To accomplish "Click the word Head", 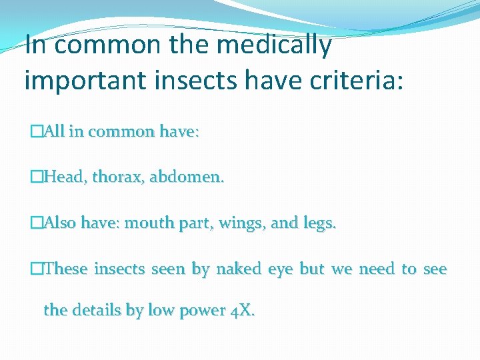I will coord(65,177).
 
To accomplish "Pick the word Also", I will coord(59,223).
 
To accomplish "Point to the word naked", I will coord(239,269).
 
